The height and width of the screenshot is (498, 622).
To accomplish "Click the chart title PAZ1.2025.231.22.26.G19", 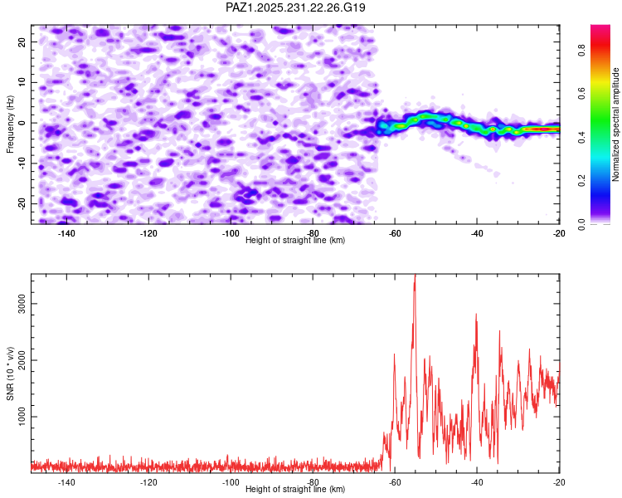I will coord(295,7).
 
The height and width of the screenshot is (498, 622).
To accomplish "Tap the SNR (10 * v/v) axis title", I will coord(10,374).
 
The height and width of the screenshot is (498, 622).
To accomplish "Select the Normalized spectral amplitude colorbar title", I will coord(616,124).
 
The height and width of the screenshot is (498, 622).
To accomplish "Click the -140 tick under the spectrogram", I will coord(66,233).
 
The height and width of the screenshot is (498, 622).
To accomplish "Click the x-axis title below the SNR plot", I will coord(295,490).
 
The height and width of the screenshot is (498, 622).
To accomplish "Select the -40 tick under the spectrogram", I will coord(477,233).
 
